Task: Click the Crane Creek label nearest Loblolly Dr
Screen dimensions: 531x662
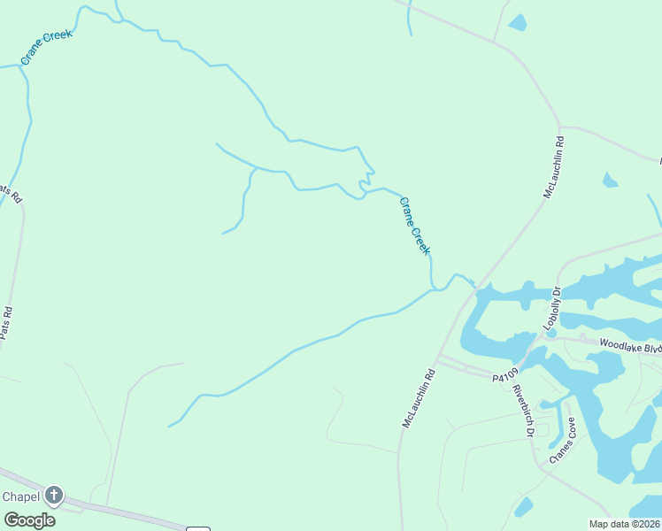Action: (x=414, y=226)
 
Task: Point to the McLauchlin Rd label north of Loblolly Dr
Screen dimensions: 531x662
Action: (x=554, y=166)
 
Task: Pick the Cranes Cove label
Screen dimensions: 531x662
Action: (x=562, y=440)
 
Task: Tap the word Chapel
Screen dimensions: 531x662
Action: (x=21, y=496)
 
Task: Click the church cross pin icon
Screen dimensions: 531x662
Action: (x=54, y=496)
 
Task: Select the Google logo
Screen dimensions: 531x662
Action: (x=29, y=519)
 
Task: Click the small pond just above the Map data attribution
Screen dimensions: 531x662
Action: (x=523, y=506)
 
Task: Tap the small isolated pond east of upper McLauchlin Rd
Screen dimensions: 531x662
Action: (x=609, y=181)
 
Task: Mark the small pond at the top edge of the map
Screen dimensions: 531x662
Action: (x=517, y=22)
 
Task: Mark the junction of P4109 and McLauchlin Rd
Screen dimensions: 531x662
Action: (x=439, y=358)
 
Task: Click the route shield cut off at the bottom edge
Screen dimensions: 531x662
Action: (x=198, y=528)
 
